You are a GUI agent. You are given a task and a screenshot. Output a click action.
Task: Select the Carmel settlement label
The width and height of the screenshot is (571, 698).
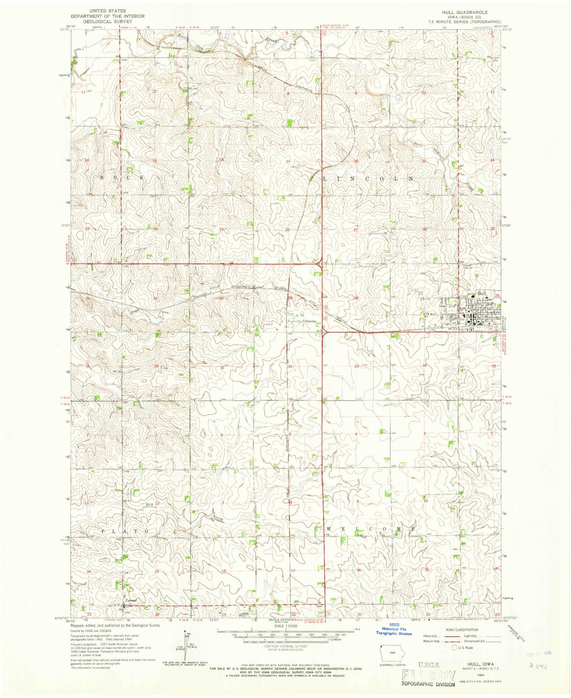click(131, 600)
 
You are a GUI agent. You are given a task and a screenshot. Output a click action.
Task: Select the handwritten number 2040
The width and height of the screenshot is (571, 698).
click(539, 666)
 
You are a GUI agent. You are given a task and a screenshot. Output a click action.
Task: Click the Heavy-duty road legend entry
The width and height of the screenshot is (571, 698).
click(432, 636)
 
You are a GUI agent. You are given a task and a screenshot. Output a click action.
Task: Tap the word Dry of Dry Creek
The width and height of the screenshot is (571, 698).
click(149, 504)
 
